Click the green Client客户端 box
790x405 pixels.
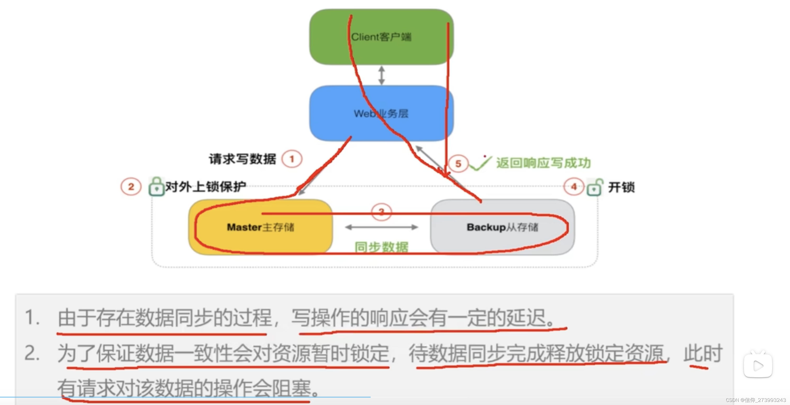[x=381, y=37]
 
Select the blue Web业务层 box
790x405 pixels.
[x=381, y=114]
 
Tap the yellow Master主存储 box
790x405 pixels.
[x=260, y=227]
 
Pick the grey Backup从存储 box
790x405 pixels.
[x=502, y=227]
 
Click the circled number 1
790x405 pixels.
[x=292, y=159]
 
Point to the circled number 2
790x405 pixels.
[x=131, y=187]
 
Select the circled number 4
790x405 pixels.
[x=574, y=187]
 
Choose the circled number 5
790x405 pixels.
[x=458, y=164]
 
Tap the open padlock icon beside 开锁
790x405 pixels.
[x=595, y=187]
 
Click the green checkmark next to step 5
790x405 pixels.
[x=480, y=164]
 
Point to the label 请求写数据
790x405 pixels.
[x=242, y=159]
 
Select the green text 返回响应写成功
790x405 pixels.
[x=543, y=163]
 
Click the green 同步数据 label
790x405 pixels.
[x=381, y=247]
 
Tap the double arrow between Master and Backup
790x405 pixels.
[x=381, y=227]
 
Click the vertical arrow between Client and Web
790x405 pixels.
[x=381, y=75]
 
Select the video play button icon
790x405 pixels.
[x=758, y=365]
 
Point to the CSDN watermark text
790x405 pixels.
[x=756, y=400]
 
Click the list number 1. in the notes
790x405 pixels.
[x=32, y=317]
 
